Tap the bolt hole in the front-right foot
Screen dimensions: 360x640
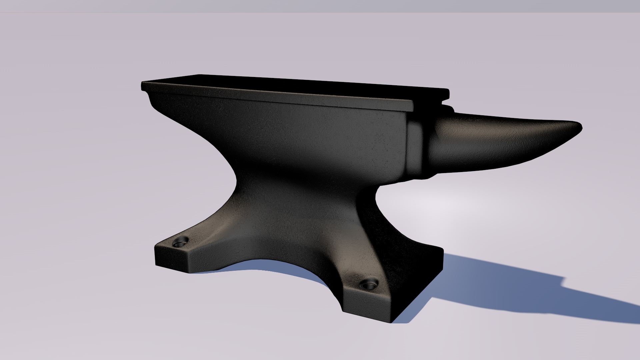pyautogui.click(x=369, y=285)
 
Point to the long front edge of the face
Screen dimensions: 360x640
pyautogui.click(x=277, y=98)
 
